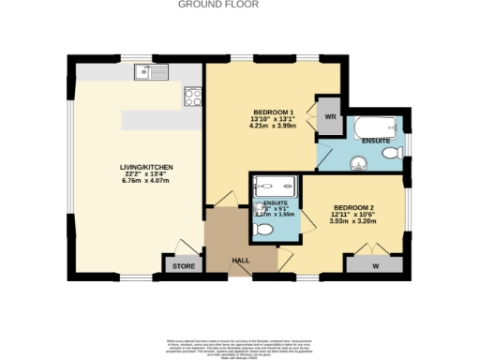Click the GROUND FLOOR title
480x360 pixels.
point(232,5)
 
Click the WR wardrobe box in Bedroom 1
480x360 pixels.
point(330,117)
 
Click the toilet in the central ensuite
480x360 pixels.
point(264,229)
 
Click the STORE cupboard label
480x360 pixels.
point(181,267)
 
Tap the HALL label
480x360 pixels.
point(240,261)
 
